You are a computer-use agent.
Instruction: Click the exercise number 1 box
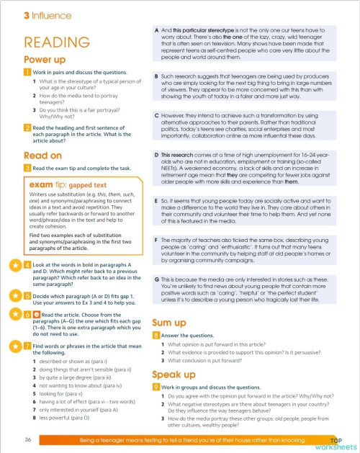pos(27,73)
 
